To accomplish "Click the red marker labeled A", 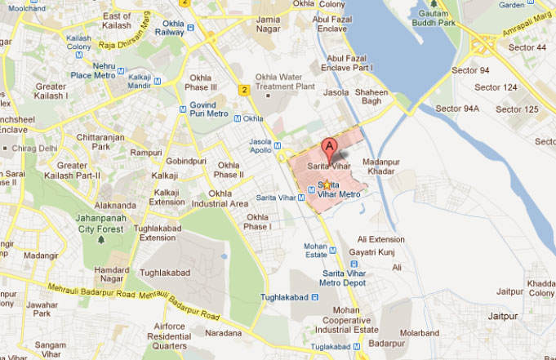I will point(330,148).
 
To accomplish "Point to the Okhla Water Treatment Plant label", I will point(285,82).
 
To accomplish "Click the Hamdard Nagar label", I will point(112,274).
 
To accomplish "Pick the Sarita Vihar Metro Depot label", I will point(346,277).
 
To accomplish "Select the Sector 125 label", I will point(518,109).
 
